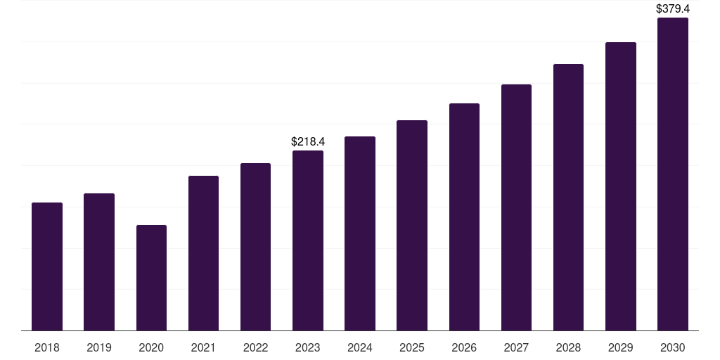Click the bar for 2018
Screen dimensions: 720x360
(47, 266)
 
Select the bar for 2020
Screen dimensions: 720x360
(152, 278)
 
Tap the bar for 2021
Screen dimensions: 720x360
(203, 253)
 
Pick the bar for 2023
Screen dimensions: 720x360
(308, 240)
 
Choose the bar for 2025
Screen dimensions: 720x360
(412, 226)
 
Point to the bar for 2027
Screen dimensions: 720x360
(516, 207)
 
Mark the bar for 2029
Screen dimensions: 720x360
(621, 186)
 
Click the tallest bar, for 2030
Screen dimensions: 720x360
(673, 174)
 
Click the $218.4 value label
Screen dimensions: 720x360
(308, 141)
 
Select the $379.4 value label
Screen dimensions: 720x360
(673, 8)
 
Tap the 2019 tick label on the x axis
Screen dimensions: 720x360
(99, 347)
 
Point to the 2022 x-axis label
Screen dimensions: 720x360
(255, 347)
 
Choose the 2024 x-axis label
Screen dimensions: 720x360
(360, 347)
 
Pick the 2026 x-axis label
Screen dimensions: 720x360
(464, 347)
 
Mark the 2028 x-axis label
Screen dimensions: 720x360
(568, 347)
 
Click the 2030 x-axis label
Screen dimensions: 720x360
(673, 347)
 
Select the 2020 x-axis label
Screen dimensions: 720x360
(151, 347)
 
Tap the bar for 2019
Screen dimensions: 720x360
(99, 262)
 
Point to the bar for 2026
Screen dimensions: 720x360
(464, 217)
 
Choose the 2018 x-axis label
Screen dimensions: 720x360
(47, 347)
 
